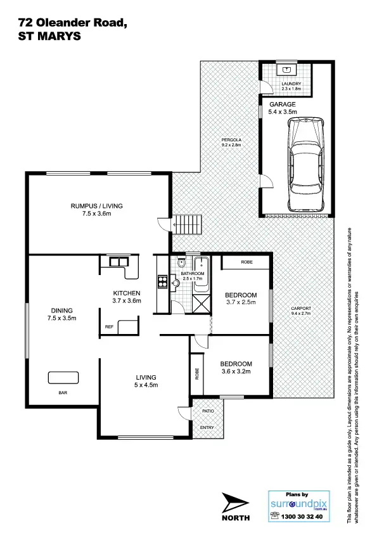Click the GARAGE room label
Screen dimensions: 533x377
pyautogui.click(x=282, y=103)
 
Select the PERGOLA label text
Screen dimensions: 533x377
pyautogui.click(x=231, y=139)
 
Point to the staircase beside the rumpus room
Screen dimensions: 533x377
pyautogui.click(x=188, y=224)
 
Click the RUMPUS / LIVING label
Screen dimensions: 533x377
pyautogui.click(x=96, y=206)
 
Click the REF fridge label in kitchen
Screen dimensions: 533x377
pyautogui.click(x=110, y=328)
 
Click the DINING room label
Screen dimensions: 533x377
pyautogui.click(x=62, y=311)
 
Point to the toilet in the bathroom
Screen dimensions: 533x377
pyautogui.click(x=182, y=264)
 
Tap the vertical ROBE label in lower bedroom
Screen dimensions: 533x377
pyautogui.click(x=197, y=373)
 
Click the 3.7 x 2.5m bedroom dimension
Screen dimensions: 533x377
pyautogui.click(x=241, y=304)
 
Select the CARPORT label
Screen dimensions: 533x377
pyautogui.click(x=301, y=309)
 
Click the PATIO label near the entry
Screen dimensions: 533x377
pyautogui.click(x=207, y=411)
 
